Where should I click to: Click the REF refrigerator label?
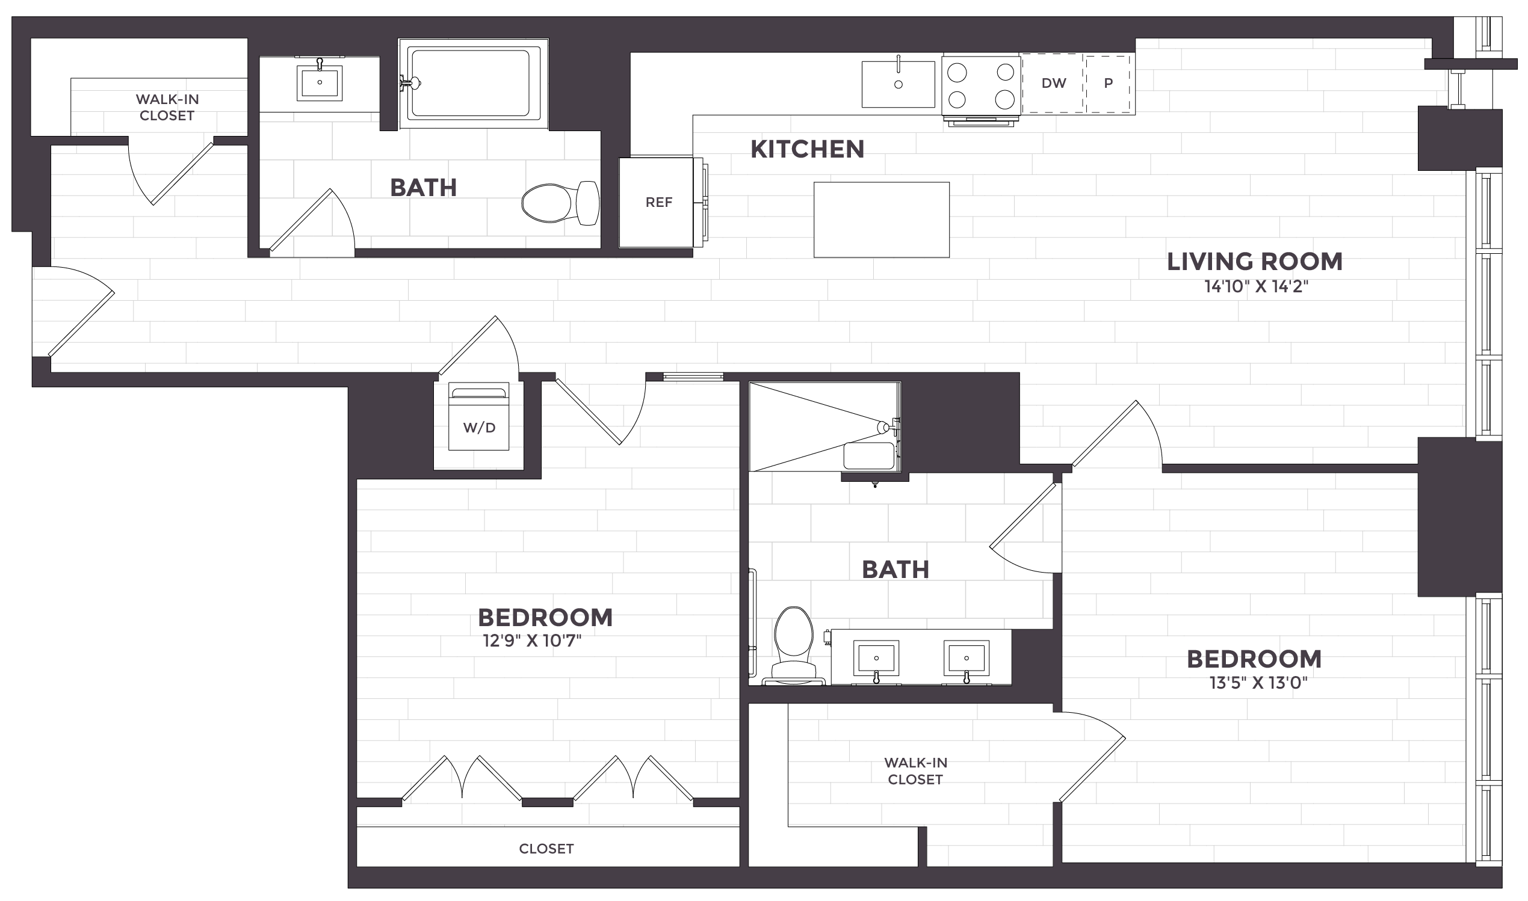point(658,202)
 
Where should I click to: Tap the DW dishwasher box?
point(1053,84)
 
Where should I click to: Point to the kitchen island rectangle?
point(881,220)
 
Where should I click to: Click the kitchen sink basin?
point(899,84)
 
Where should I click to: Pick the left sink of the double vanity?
point(876,657)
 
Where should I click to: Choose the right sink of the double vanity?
point(966,657)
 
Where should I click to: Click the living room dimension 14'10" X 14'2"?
point(1256,287)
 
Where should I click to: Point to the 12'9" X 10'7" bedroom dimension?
point(532,641)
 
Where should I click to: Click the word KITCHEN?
point(807,149)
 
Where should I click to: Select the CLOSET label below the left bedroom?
point(546,849)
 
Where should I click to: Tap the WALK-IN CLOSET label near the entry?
point(167,108)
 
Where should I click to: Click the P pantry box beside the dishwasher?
point(1109,84)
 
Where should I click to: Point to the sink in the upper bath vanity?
point(320,82)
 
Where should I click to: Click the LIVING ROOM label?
point(1255,262)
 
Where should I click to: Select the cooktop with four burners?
point(981,85)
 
